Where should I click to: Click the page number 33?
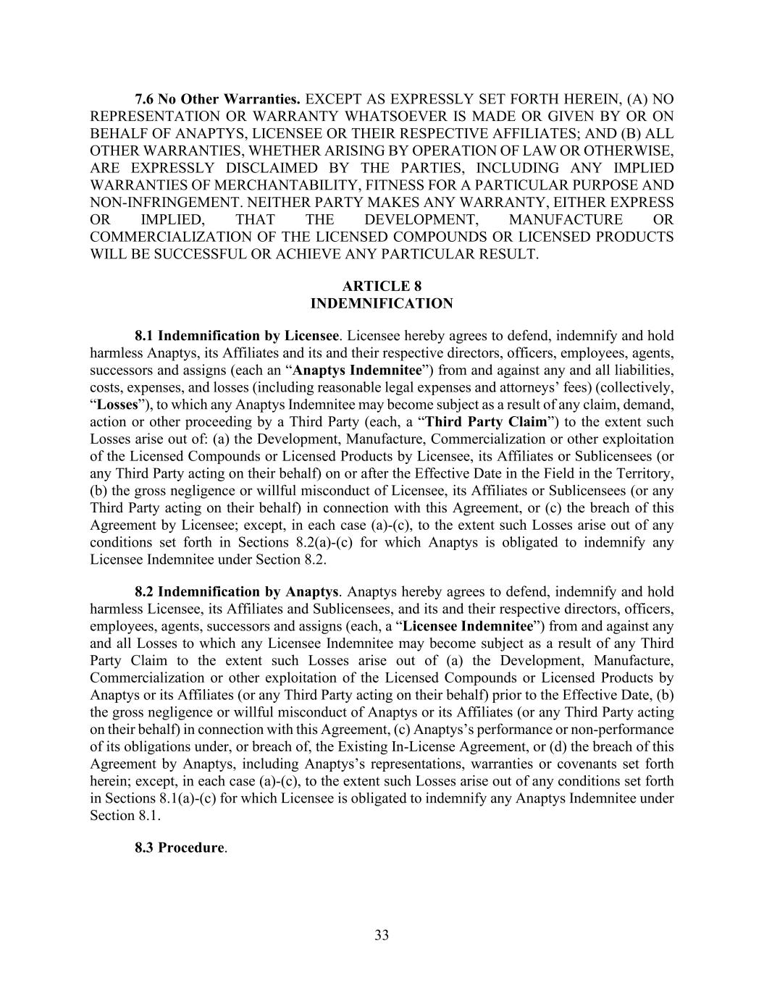(x=382, y=934)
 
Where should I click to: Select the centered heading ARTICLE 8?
(x=382, y=286)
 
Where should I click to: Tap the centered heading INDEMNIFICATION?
(x=382, y=303)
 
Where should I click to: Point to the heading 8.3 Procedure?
(x=180, y=848)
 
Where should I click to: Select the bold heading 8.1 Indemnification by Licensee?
(x=237, y=336)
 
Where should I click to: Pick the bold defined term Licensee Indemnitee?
(x=468, y=626)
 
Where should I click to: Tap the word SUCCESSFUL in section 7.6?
(x=204, y=254)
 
